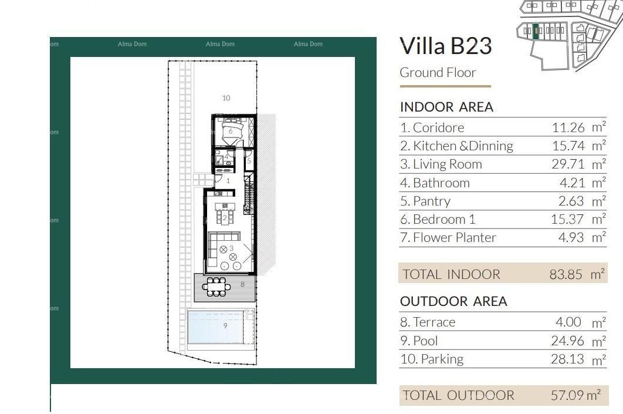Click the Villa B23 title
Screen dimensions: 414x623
pos(445,46)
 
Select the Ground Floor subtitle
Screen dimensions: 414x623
pos(438,73)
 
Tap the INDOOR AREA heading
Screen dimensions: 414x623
pos(446,107)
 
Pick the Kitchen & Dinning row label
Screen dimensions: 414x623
pos(456,146)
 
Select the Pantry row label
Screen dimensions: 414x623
pos(425,201)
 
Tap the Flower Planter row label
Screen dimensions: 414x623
pos(448,237)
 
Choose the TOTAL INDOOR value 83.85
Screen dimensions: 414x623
pos(566,274)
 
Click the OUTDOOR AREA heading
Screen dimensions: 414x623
pos(453,301)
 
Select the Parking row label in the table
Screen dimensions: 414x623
pos(432,359)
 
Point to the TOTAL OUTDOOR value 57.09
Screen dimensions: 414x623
pos(568,395)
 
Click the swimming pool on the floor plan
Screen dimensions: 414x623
pos(215,327)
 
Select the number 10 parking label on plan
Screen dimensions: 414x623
pos(226,98)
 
